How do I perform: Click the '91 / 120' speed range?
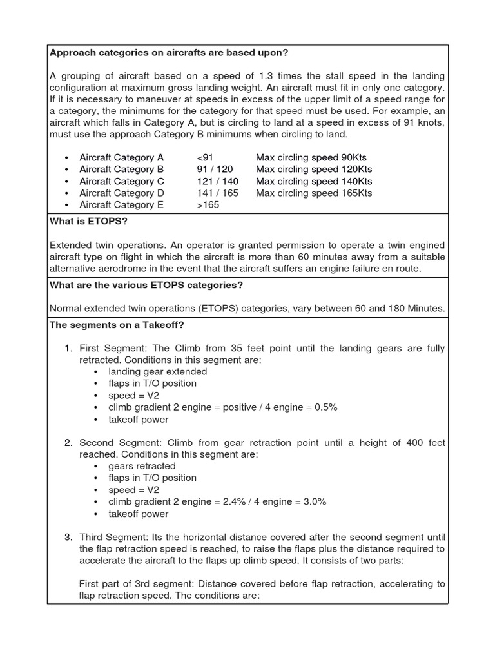[215, 169]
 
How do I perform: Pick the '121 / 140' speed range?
[217, 181]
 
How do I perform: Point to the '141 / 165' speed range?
[217, 193]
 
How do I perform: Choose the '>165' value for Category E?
[208, 205]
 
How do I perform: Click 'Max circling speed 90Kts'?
[311, 157]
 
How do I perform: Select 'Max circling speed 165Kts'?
[313, 193]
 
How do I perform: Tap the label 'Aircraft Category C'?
[122, 181]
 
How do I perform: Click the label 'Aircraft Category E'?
[122, 205]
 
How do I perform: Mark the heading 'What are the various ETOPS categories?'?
[146, 285]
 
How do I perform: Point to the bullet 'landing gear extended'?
[157, 372]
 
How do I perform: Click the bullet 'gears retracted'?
[142, 466]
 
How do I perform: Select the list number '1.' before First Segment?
[68, 349]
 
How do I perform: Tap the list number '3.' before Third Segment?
[68, 537]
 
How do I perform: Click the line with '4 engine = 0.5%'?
[222, 407]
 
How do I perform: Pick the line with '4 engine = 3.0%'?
[222, 501]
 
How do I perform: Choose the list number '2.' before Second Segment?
[68, 443]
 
